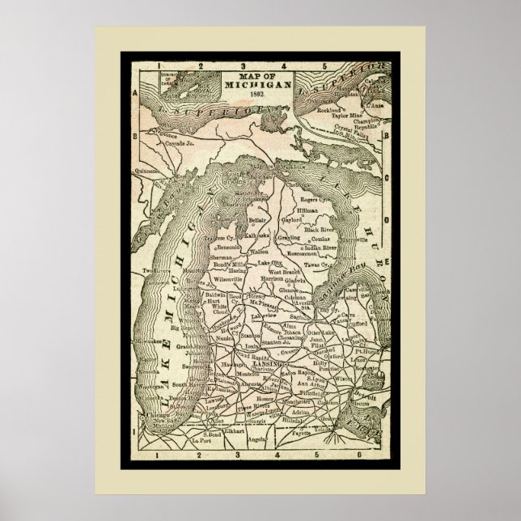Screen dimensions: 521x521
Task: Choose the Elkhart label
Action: coord(235,431)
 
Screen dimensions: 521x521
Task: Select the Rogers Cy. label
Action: coord(316,198)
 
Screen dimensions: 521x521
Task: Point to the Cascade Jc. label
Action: coord(180,142)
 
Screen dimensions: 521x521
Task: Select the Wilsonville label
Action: coord(228,277)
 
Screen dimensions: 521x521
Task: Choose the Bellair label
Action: coord(258,218)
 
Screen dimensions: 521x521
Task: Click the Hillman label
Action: coord(310,209)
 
